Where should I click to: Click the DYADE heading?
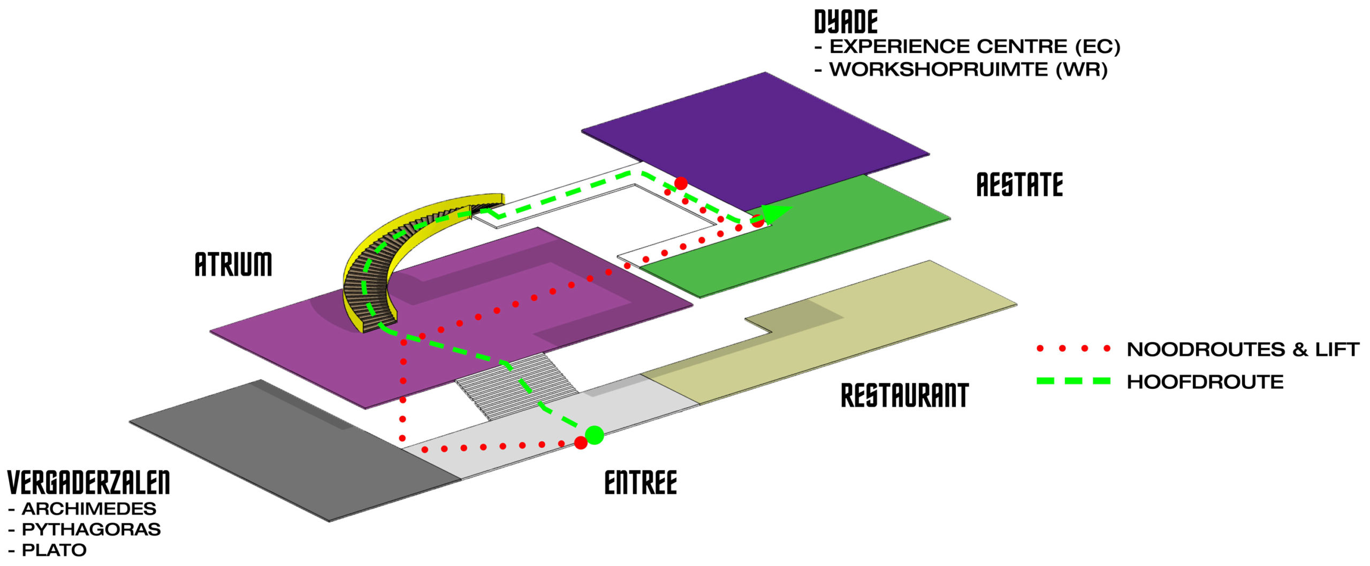pyautogui.click(x=846, y=22)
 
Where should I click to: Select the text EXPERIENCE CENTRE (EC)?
pyautogui.click(x=975, y=47)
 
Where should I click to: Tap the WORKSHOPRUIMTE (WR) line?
pyautogui.click(x=968, y=70)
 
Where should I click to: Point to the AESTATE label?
pyautogui.click(x=1019, y=185)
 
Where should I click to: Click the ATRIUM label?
pyautogui.click(x=233, y=264)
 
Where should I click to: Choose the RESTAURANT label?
pyautogui.click(x=904, y=396)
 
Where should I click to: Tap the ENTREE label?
pyautogui.click(x=641, y=483)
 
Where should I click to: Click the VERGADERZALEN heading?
pyautogui.click(x=89, y=483)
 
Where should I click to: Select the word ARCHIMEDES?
pyautogui.click(x=89, y=509)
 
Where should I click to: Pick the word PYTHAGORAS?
pyautogui.click(x=91, y=530)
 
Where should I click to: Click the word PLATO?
pyautogui.click(x=54, y=550)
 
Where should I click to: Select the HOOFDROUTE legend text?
pyautogui.click(x=1205, y=382)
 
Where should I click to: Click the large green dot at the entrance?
pyautogui.click(x=595, y=435)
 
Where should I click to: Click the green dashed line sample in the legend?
pyautogui.click(x=1073, y=381)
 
